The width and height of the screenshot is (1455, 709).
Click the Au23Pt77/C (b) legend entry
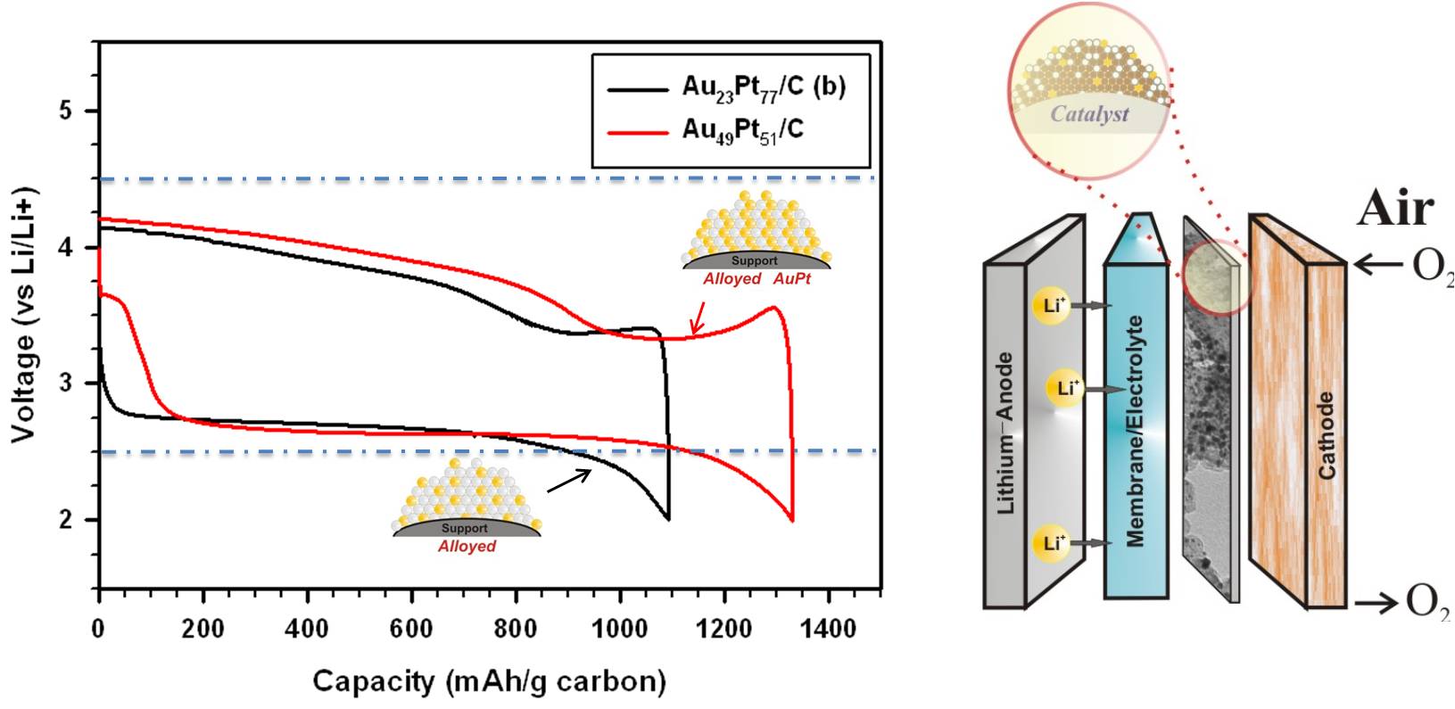click(x=764, y=87)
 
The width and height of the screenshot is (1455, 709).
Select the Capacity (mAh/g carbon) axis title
click(x=490, y=682)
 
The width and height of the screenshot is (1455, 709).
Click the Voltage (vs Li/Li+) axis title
click(x=24, y=314)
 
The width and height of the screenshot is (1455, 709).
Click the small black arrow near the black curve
click(x=568, y=480)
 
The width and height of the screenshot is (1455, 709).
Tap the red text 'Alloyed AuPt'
click(x=756, y=279)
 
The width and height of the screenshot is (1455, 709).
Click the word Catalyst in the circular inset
click(x=1089, y=114)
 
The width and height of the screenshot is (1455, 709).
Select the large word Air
click(x=1396, y=209)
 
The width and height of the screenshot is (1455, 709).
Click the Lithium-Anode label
click(x=1006, y=433)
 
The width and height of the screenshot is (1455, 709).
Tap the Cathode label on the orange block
click(x=1327, y=434)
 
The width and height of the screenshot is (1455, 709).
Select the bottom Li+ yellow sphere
click(x=1051, y=542)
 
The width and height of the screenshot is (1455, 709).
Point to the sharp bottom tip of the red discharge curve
click(x=792, y=520)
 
